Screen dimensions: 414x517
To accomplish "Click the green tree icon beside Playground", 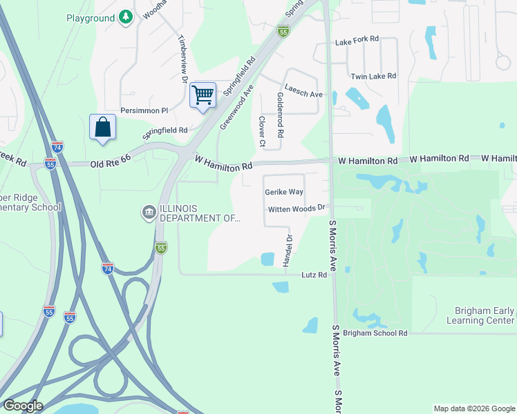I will [x=125, y=17].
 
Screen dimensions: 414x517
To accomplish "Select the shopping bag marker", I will [x=102, y=127].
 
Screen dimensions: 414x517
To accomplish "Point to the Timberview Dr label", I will [x=184, y=59].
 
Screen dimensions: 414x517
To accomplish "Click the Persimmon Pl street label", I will [x=144, y=110].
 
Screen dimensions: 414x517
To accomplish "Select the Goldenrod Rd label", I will [x=280, y=114].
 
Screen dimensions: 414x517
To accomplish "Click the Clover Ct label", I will [x=262, y=131].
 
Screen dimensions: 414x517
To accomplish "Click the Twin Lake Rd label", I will [x=373, y=76].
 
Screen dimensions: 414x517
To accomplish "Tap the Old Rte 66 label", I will [x=111, y=164].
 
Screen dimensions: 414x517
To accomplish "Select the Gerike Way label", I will [x=284, y=192].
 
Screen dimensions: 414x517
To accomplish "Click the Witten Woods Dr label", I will [x=297, y=208].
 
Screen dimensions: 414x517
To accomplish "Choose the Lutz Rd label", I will [x=314, y=275].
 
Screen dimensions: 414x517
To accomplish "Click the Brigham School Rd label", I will [x=375, y=333].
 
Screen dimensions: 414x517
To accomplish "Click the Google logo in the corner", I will [x=22, y=406].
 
